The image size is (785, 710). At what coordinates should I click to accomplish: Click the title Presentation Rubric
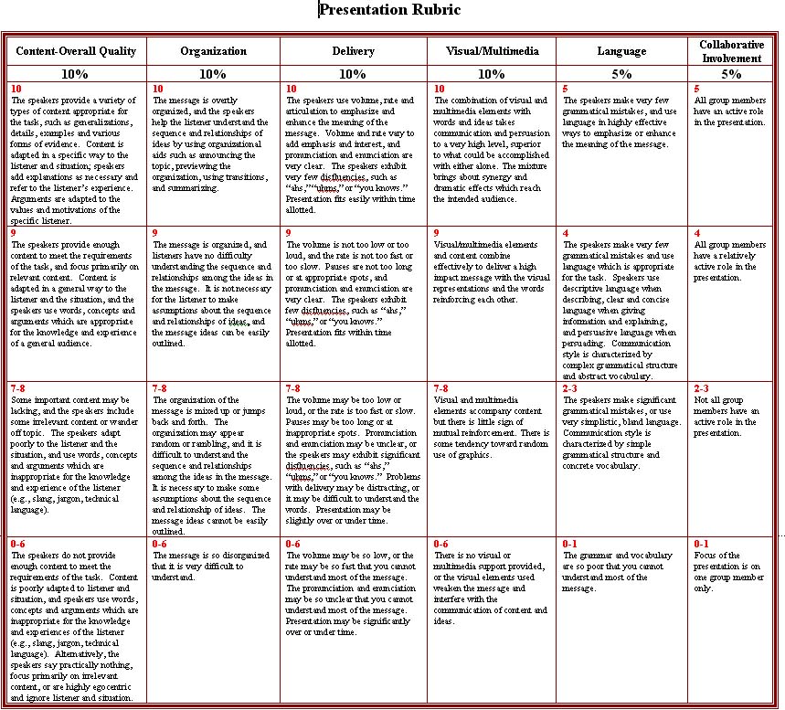click(x=389, y=10)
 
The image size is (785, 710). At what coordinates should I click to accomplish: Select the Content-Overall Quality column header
click(x=76, y=51)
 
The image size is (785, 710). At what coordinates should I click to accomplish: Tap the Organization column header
click(x=213, y=51)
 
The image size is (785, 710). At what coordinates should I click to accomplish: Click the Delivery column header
click(x=353, y=51)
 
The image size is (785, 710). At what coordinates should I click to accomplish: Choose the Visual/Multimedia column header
click(x=492, y=51)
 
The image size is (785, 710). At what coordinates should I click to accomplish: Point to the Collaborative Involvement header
click(x=730, y=51)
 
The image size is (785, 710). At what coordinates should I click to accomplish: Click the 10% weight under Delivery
click(x=353, y=74)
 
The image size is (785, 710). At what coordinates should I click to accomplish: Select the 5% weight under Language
click(x=621, y=74)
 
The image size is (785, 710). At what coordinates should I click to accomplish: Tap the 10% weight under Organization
click(x=213, y=74)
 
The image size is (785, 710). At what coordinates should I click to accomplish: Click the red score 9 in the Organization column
click(x=155, y=233)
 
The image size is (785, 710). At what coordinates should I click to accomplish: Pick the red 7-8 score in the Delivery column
click(x=292, y=387)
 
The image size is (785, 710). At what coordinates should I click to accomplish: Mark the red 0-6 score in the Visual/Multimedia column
click(x=440, y=544)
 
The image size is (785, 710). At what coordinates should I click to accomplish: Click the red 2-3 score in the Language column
click(x=570, y=387)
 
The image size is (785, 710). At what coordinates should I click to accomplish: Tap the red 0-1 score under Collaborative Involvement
click(x=701, y=544)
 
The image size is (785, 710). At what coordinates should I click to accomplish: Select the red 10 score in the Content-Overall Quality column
click(x=16, y=89)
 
